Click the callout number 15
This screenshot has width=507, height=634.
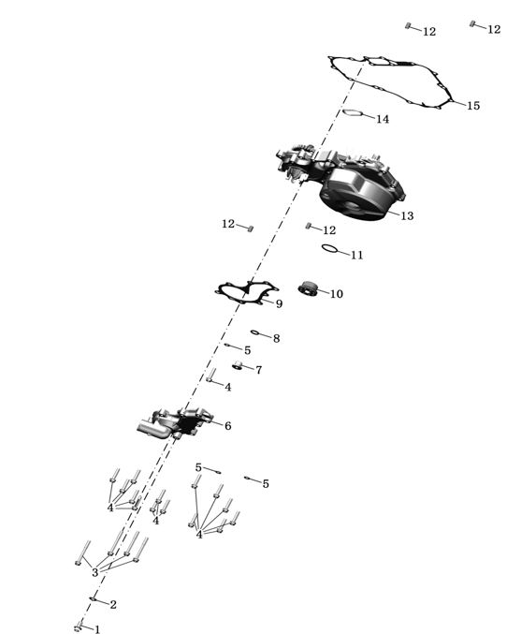(473, 106)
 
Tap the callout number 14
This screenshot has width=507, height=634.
(383, 119)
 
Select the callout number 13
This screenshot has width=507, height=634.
(407, 216)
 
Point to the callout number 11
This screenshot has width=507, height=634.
(356, 255)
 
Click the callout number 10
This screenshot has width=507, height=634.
(337, 294)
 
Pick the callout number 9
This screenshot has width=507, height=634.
(279, 304)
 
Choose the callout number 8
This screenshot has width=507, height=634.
(276, 338)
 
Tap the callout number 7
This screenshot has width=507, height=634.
(258, 370)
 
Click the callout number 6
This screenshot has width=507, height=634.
(228, 426)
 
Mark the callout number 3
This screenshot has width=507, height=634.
(94, 572)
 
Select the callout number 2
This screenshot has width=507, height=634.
(113, 604)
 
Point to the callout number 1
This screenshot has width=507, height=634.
(97, 629)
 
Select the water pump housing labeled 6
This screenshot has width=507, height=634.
(176, 424)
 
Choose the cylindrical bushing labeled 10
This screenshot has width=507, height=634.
(308, 288)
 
